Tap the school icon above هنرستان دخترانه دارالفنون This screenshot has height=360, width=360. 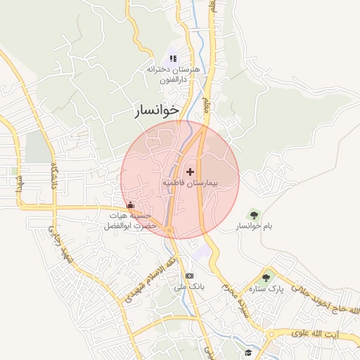(174, 58)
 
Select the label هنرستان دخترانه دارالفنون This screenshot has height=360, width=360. (173, 75)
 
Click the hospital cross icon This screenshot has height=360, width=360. (190, 172)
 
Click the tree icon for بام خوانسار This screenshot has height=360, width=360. (254, 214)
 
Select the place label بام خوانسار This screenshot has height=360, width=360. (254, 226)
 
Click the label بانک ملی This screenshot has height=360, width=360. (188, 287)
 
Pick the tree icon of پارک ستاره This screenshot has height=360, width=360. (266, 277)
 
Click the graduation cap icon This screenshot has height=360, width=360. (247, 352)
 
